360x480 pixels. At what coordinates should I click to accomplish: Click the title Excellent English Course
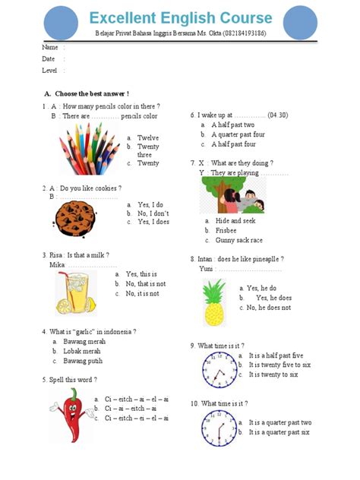point(180,17)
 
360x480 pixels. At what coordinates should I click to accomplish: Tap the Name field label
point(49,47)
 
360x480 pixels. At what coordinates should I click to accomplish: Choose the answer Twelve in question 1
point(148,138)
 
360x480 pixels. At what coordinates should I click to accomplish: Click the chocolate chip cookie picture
point(74,216)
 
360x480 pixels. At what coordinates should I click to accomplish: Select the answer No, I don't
point(153,213)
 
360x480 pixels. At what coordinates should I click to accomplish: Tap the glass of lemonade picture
point(74,292)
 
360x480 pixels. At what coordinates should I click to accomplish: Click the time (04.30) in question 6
point(277,115)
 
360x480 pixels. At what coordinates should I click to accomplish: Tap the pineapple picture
point(213,299)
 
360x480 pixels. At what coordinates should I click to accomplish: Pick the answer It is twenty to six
point(273,374)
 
